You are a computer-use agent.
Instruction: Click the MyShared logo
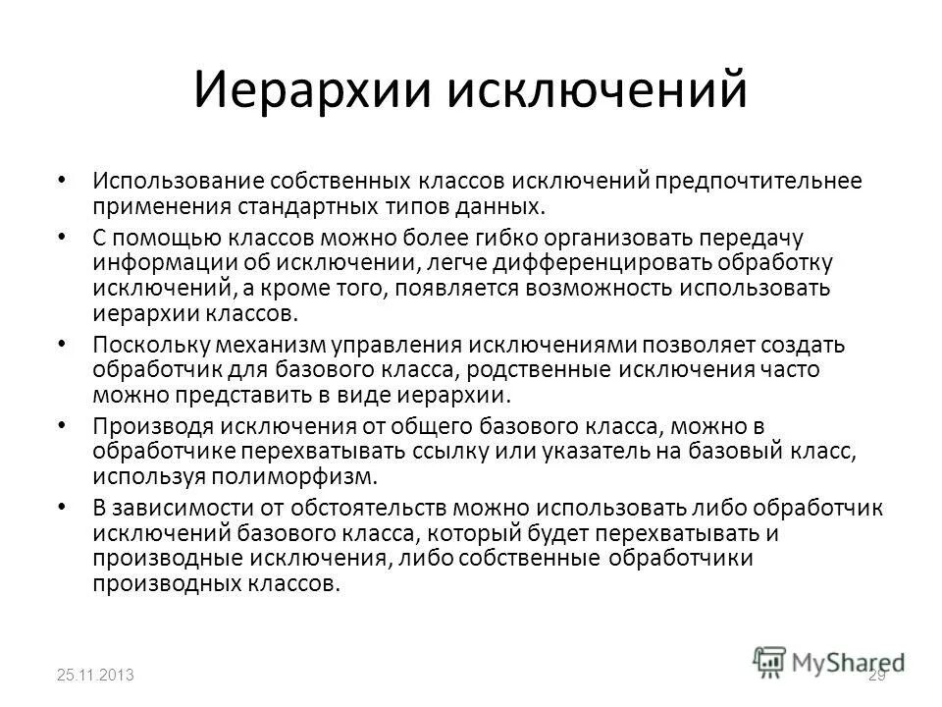830,661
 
